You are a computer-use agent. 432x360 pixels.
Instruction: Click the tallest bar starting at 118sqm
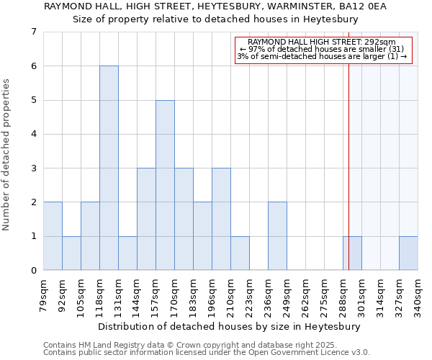pyautogui.click(x=109, y=168)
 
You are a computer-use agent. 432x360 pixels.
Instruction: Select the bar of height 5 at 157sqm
pyautogui.click(x=165, y=185)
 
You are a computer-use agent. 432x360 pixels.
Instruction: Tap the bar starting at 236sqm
pyautogui.click(x=277, y=236)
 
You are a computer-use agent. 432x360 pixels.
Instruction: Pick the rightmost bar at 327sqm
pyautogui.click(x=408, y=253)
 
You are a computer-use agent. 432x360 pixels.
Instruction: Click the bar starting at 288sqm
pyautogui.click(x=352, y=253)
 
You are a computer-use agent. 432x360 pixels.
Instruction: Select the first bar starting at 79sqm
pyautogui.click(x=53, y=236)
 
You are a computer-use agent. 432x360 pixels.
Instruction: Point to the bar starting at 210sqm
pyautogui.click(x=240, y=253)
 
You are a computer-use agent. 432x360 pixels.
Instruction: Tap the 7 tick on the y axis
pyautogui.click(x=33, y=32)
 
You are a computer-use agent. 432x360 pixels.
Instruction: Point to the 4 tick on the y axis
pyautogui.click(x=33, y=134)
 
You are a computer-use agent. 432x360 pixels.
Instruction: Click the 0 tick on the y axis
pyautogui.click(x=33, y=271)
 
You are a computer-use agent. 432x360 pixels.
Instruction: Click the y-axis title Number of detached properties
pyautogui.click(x=7, y=155)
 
